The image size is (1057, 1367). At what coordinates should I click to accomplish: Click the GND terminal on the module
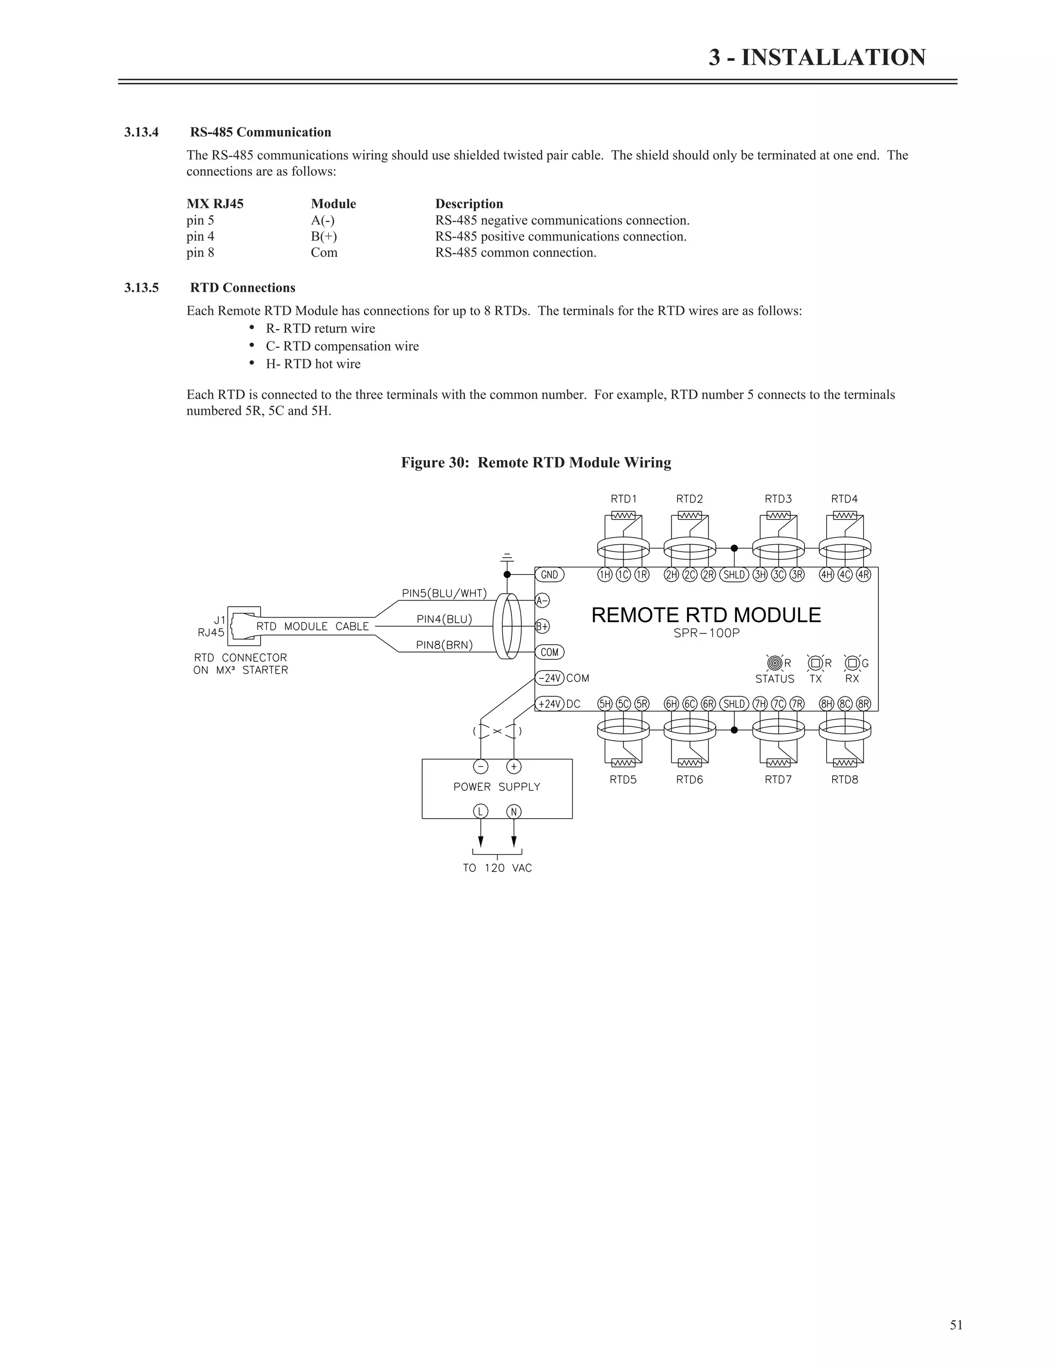pyautogui.click(x=549, y=575)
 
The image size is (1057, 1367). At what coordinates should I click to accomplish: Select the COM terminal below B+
pyautogui.click(x=549, y=652)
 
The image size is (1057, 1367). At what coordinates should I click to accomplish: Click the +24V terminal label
pyautogui.click(x=550, y=704)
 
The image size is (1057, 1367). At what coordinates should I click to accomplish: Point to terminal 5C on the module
pyautogui.click(x=623, y=704)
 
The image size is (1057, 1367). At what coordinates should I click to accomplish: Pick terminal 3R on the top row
pyautogui.click(x=796, y=575)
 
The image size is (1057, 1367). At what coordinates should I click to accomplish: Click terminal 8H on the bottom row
pyautogui.click(x=827, y=704)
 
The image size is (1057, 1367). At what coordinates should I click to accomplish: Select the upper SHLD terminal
pyautogui.click(x=734, y=575)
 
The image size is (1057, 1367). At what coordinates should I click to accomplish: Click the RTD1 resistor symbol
pyautogui.click(x=623, y=516)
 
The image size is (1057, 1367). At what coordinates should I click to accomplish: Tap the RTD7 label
pyautogui.click(x=778, y=780)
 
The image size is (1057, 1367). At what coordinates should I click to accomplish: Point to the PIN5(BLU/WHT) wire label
pyautogui.click(x=444, y=593)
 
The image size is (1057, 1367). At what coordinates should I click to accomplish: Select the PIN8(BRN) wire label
pyautogui.click(x=444, y=645)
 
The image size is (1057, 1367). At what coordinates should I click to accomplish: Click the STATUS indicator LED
pyautogui.click(x=775, y=663)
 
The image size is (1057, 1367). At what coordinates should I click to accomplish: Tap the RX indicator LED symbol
pyautogui.click(x=852, y=663)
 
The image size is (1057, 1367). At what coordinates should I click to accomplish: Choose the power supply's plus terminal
pyautogui.click(x=514, y=767)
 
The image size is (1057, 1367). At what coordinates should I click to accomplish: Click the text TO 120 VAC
pyautogui.click(x=497, y=868)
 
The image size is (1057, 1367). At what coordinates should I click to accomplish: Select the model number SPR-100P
pyautogui.click(x=707, y=633)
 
